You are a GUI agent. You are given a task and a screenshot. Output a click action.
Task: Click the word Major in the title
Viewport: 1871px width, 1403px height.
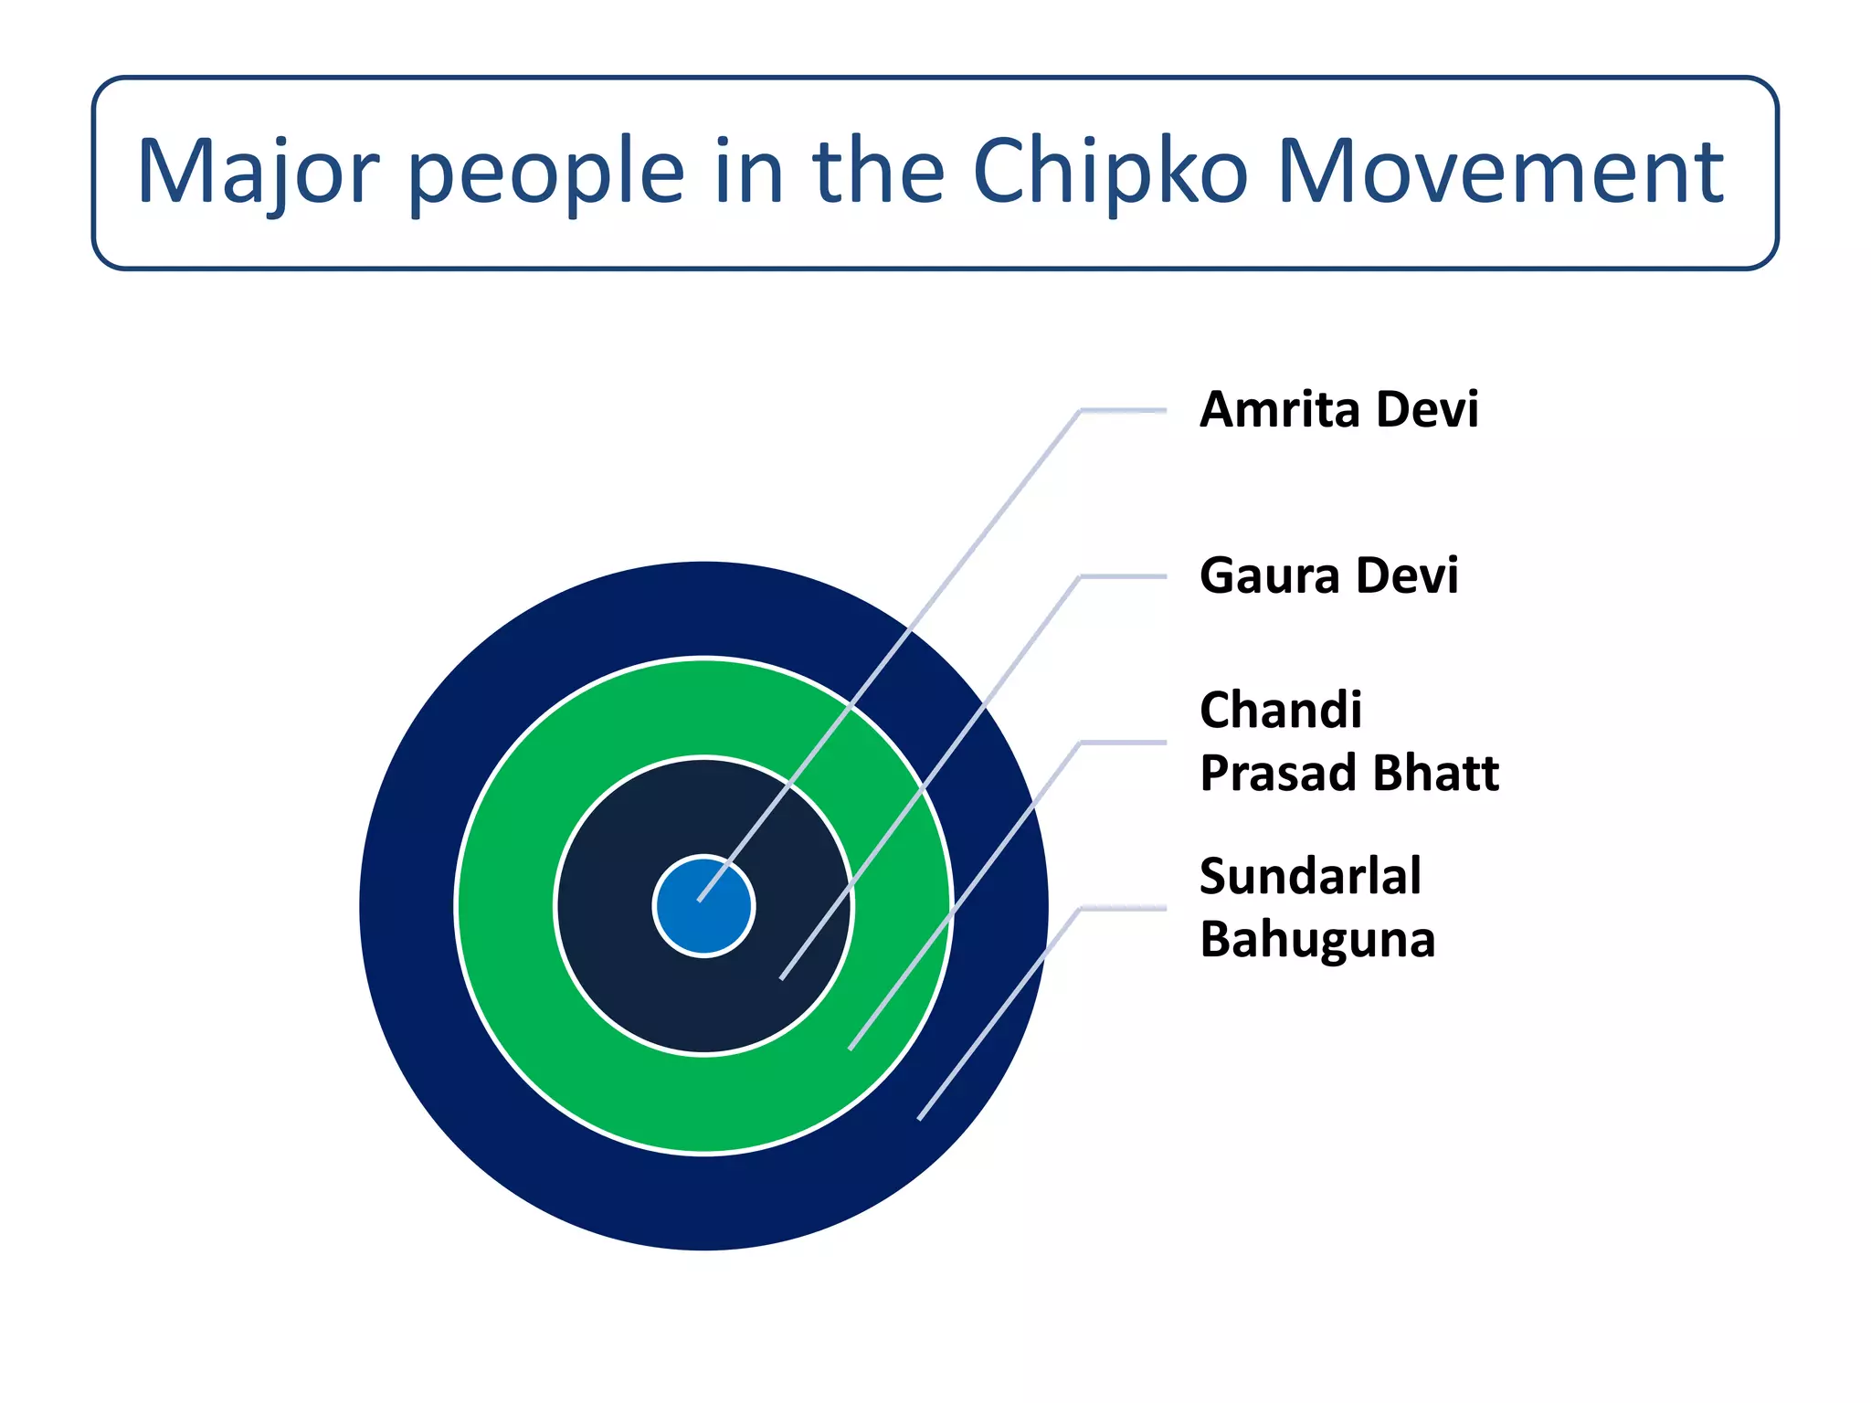pos(258,172)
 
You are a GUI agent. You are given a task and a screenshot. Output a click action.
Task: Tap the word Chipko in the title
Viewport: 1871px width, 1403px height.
pos(1109,172)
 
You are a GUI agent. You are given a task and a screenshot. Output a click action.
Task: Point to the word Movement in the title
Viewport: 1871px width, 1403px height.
pos(1499,172)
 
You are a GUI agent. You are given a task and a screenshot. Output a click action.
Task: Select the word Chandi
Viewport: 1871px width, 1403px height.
pos(1281,710)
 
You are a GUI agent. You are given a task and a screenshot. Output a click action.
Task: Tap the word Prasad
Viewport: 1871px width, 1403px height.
pos(1277,773)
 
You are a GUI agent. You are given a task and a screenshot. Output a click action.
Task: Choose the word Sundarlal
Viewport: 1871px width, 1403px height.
pos(1310,876)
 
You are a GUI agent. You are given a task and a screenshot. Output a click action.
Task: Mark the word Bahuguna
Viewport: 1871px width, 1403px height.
pos(1317,939)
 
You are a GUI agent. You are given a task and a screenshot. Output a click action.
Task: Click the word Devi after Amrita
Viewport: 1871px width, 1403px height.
pos(1427,409)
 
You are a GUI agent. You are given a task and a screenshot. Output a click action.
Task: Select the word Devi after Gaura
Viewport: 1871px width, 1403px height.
pos(1407,575)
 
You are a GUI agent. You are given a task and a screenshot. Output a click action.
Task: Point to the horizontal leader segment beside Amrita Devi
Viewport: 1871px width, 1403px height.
pos(1124,412)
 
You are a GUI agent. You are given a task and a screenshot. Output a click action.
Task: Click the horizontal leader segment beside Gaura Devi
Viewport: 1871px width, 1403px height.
pos(1124,577)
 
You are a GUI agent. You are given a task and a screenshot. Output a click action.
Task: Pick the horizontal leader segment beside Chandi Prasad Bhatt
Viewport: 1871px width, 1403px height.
pos(1124,743)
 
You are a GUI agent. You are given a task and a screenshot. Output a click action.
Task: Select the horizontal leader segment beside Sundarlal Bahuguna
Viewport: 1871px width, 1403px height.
pos(1124,908)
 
